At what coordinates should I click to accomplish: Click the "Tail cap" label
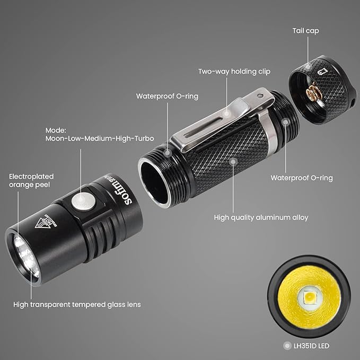coord(305,31)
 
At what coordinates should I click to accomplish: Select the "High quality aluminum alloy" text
coord(261,217)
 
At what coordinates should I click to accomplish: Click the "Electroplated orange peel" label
coord(31,180)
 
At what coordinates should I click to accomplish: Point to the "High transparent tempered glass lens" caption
coord(77,304)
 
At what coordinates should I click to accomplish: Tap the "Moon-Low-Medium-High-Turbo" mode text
coord(100,138)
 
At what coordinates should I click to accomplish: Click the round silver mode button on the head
coord(83,201)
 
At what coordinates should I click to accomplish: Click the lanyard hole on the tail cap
coord(352,99)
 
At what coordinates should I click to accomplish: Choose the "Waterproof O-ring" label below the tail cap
coord(302,178)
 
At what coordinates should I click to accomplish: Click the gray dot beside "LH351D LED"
coord(287,346)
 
